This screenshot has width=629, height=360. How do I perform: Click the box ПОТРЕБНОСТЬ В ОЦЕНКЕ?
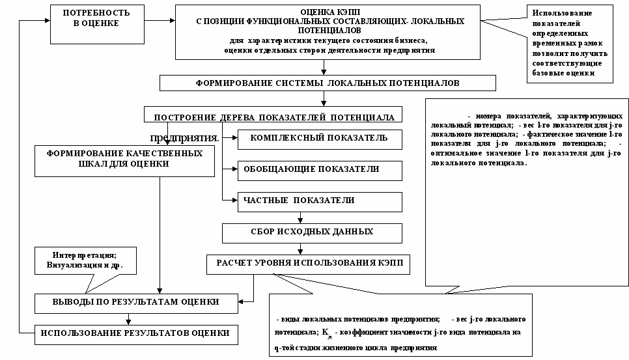tap(96, 18)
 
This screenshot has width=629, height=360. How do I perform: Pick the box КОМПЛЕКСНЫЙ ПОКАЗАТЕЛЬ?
tap(318, 138)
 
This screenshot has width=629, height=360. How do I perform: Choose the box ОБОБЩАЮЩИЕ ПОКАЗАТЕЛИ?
tap(318, 169)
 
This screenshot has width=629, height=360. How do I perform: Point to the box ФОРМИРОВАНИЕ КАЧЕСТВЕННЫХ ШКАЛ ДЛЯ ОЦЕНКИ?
tap(125, 159)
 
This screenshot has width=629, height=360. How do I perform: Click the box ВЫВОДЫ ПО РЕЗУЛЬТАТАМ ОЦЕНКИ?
tap(135, 302)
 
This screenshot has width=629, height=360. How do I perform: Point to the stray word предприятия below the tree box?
tap(184, 137)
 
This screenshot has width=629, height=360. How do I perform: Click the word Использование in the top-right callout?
tap(561, 13)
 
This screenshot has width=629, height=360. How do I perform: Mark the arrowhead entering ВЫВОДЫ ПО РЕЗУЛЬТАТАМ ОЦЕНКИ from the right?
tap(240, 302)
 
